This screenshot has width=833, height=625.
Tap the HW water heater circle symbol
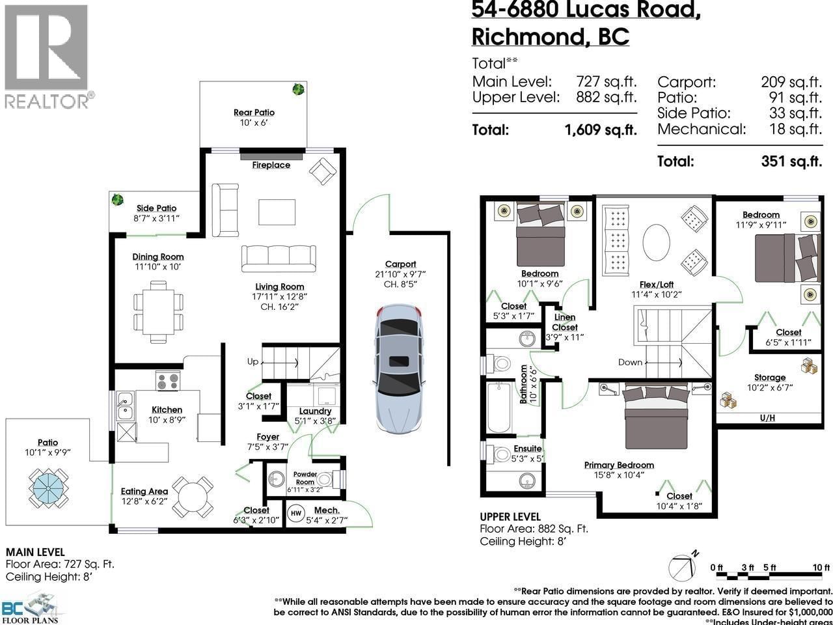point(295,512)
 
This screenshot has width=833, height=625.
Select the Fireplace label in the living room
point(271,165)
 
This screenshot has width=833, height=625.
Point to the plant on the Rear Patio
point(298,89)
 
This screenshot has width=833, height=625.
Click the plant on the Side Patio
point(117,200)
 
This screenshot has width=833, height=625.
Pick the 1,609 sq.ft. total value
point(600,130)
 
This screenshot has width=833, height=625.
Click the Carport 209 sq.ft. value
point(791,83)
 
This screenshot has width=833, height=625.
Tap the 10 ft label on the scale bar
point(821,568)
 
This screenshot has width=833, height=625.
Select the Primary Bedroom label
point(618,465)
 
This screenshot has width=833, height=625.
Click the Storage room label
point(770,378)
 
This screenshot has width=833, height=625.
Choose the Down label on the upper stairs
point(630,362)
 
